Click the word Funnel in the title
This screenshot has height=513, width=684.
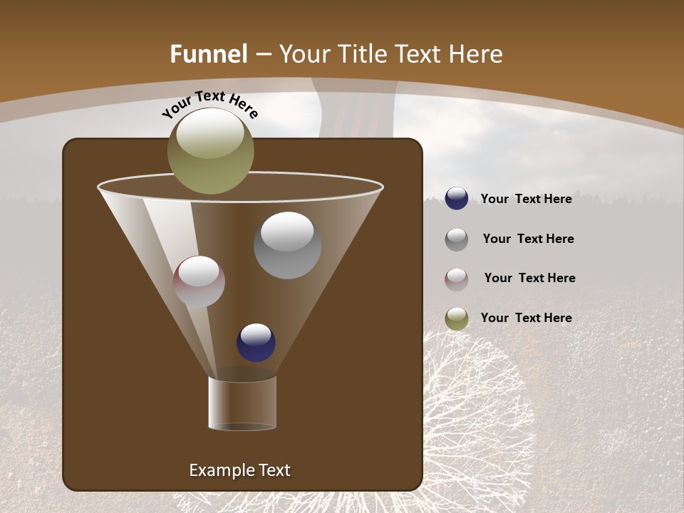[x=209, y=54]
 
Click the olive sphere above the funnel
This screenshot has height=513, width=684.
[x=210, y=151]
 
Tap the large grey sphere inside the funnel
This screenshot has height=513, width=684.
[x=287, y=245]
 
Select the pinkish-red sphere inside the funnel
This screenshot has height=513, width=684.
[x=199, y=281]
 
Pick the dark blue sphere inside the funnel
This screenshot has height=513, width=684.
[x=256, y=342]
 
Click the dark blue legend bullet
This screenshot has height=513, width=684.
[x=457, y=198]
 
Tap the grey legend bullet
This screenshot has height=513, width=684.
[x=457, y=239]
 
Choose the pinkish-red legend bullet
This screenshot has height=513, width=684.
[x=457, y=279]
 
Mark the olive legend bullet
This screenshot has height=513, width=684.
[x=457, y=318]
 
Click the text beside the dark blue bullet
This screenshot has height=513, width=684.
[x=526, y=199]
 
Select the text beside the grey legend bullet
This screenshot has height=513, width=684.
[x=528, y=239]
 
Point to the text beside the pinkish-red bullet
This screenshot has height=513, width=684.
[x=529, y=278]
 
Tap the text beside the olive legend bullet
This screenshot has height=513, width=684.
[x=526, y=318]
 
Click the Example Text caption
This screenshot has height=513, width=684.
[x=239, y=470]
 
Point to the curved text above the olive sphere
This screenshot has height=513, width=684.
[x=210, y=103]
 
